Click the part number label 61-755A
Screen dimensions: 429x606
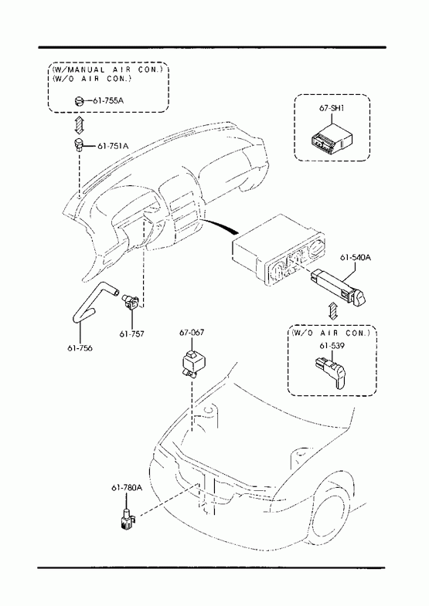(x=108, y=101)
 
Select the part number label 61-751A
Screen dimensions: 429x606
(x=113, y=146)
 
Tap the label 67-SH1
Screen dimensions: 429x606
(x=332, y=108)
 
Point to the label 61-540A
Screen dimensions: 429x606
(x=356, y=257)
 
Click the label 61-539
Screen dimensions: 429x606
(x=332, y=346)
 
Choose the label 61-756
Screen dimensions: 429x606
(x=80, y=348)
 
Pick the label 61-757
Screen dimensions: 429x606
(x=131, y=333)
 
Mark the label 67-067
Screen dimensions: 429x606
(x=192, y=332)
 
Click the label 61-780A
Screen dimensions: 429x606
(x=127, y=488)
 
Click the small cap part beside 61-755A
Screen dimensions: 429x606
(x=78, y=101)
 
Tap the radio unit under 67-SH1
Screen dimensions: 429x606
(x=332, y=137)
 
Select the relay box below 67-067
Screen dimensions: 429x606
(x=192, y=363)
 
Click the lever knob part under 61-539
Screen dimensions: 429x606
(x=332, y=372)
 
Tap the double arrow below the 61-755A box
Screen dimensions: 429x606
(x=79, y=124)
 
